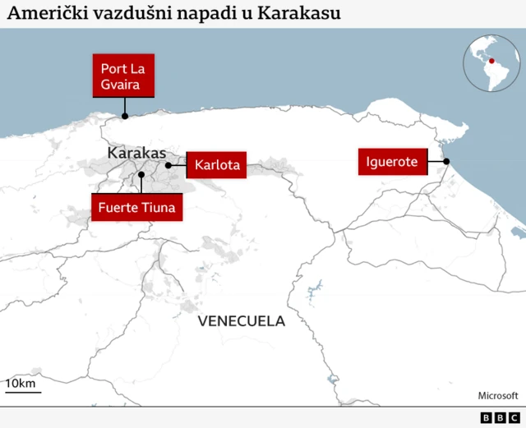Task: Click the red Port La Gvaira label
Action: pos(123,76)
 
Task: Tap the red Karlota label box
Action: pos(217,165)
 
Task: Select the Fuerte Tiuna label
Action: pos(136,207)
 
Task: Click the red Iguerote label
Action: pos(392,162)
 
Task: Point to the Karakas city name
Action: pos(136,153)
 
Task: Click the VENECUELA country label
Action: pos(241,320)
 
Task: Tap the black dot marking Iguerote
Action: pos(446,162)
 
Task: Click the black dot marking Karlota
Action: pos(168,165)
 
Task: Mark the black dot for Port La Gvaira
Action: pos(124,116)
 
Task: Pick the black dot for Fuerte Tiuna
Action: pos(141,175)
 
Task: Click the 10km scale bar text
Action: pos(21,384)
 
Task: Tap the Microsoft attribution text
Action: pos(497,395)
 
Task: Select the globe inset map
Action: pos(492,65)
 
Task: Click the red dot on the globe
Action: pos(491,60)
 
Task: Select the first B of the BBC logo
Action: pos(485,418)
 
